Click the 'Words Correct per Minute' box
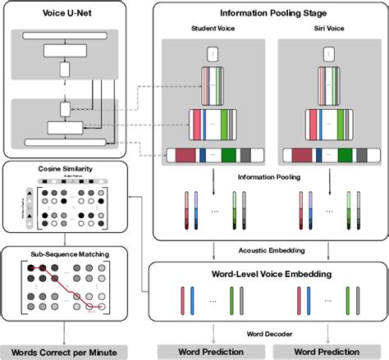pos(64,352)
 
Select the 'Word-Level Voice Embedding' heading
pos(269,274)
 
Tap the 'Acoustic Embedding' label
pos(269,252)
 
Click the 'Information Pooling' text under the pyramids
pos(269,175)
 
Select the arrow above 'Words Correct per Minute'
pos(64,334)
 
